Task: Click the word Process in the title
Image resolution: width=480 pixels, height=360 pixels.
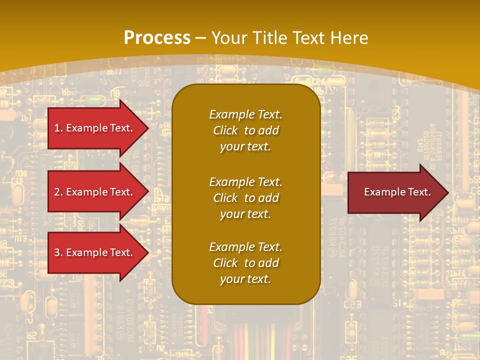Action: pos(157,37)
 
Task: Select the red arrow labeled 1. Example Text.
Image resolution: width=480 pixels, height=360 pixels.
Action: pos(95,128)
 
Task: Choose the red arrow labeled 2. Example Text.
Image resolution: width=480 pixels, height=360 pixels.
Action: pos(95,192)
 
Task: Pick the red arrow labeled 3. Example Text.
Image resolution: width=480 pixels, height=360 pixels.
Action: pos(95,252)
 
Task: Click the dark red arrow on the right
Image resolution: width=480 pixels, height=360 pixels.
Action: pos(395,192)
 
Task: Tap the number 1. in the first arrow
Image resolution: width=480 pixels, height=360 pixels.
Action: pos(58,128)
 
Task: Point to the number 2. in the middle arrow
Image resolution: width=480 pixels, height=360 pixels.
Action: pos(58,192)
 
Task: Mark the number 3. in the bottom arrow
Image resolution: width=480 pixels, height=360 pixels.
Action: pos(58,252)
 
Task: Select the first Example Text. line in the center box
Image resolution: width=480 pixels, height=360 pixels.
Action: pos(245,114)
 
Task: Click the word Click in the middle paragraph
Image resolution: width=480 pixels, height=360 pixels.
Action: pos(225,198)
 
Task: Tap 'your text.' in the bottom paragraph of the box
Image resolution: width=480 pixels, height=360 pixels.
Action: pos(245,279)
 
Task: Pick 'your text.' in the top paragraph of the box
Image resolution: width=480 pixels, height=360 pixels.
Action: pos(245,146)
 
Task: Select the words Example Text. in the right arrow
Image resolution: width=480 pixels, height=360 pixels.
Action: pos(397,192)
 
